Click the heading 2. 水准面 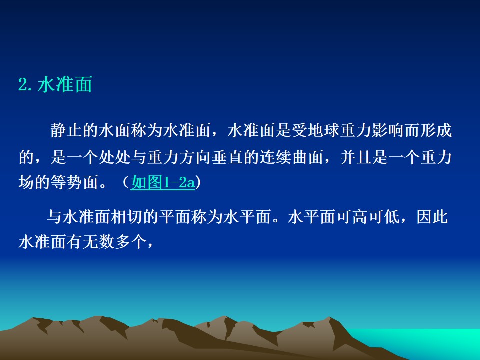55,85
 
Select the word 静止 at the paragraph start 66,130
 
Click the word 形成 436,130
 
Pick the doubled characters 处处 115,157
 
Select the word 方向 195,157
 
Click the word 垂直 227,157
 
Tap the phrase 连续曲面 291,157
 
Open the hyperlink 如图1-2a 163,183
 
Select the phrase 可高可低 368,217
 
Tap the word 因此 432,217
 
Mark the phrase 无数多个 115,242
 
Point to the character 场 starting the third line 26,182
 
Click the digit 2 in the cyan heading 22,85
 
